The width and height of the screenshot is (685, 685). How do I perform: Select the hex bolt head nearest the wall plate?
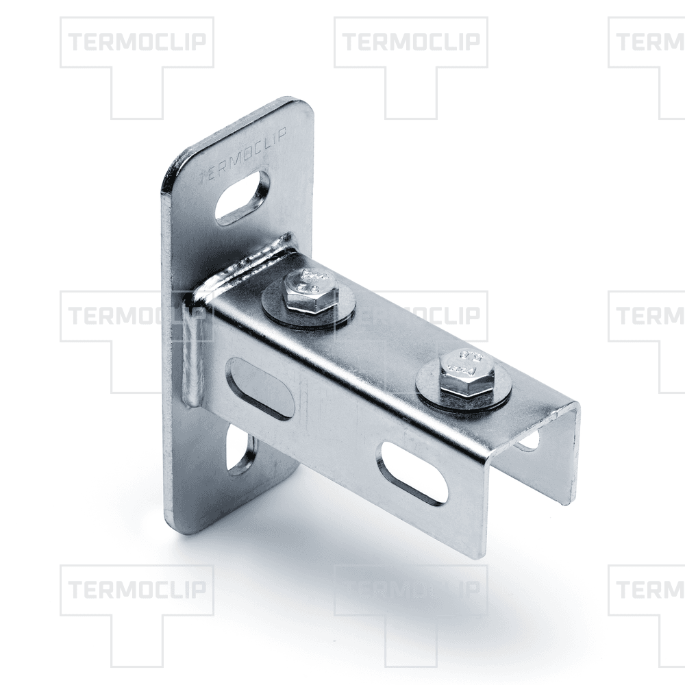coord(308,290)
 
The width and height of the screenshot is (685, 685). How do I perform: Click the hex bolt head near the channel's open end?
coord(464,373)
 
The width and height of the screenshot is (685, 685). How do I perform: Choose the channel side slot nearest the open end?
coord(413,473)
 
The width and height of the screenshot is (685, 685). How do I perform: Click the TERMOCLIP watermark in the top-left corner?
coord(137,42)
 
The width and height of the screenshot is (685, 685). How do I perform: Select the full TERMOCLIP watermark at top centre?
coord(411,42)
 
